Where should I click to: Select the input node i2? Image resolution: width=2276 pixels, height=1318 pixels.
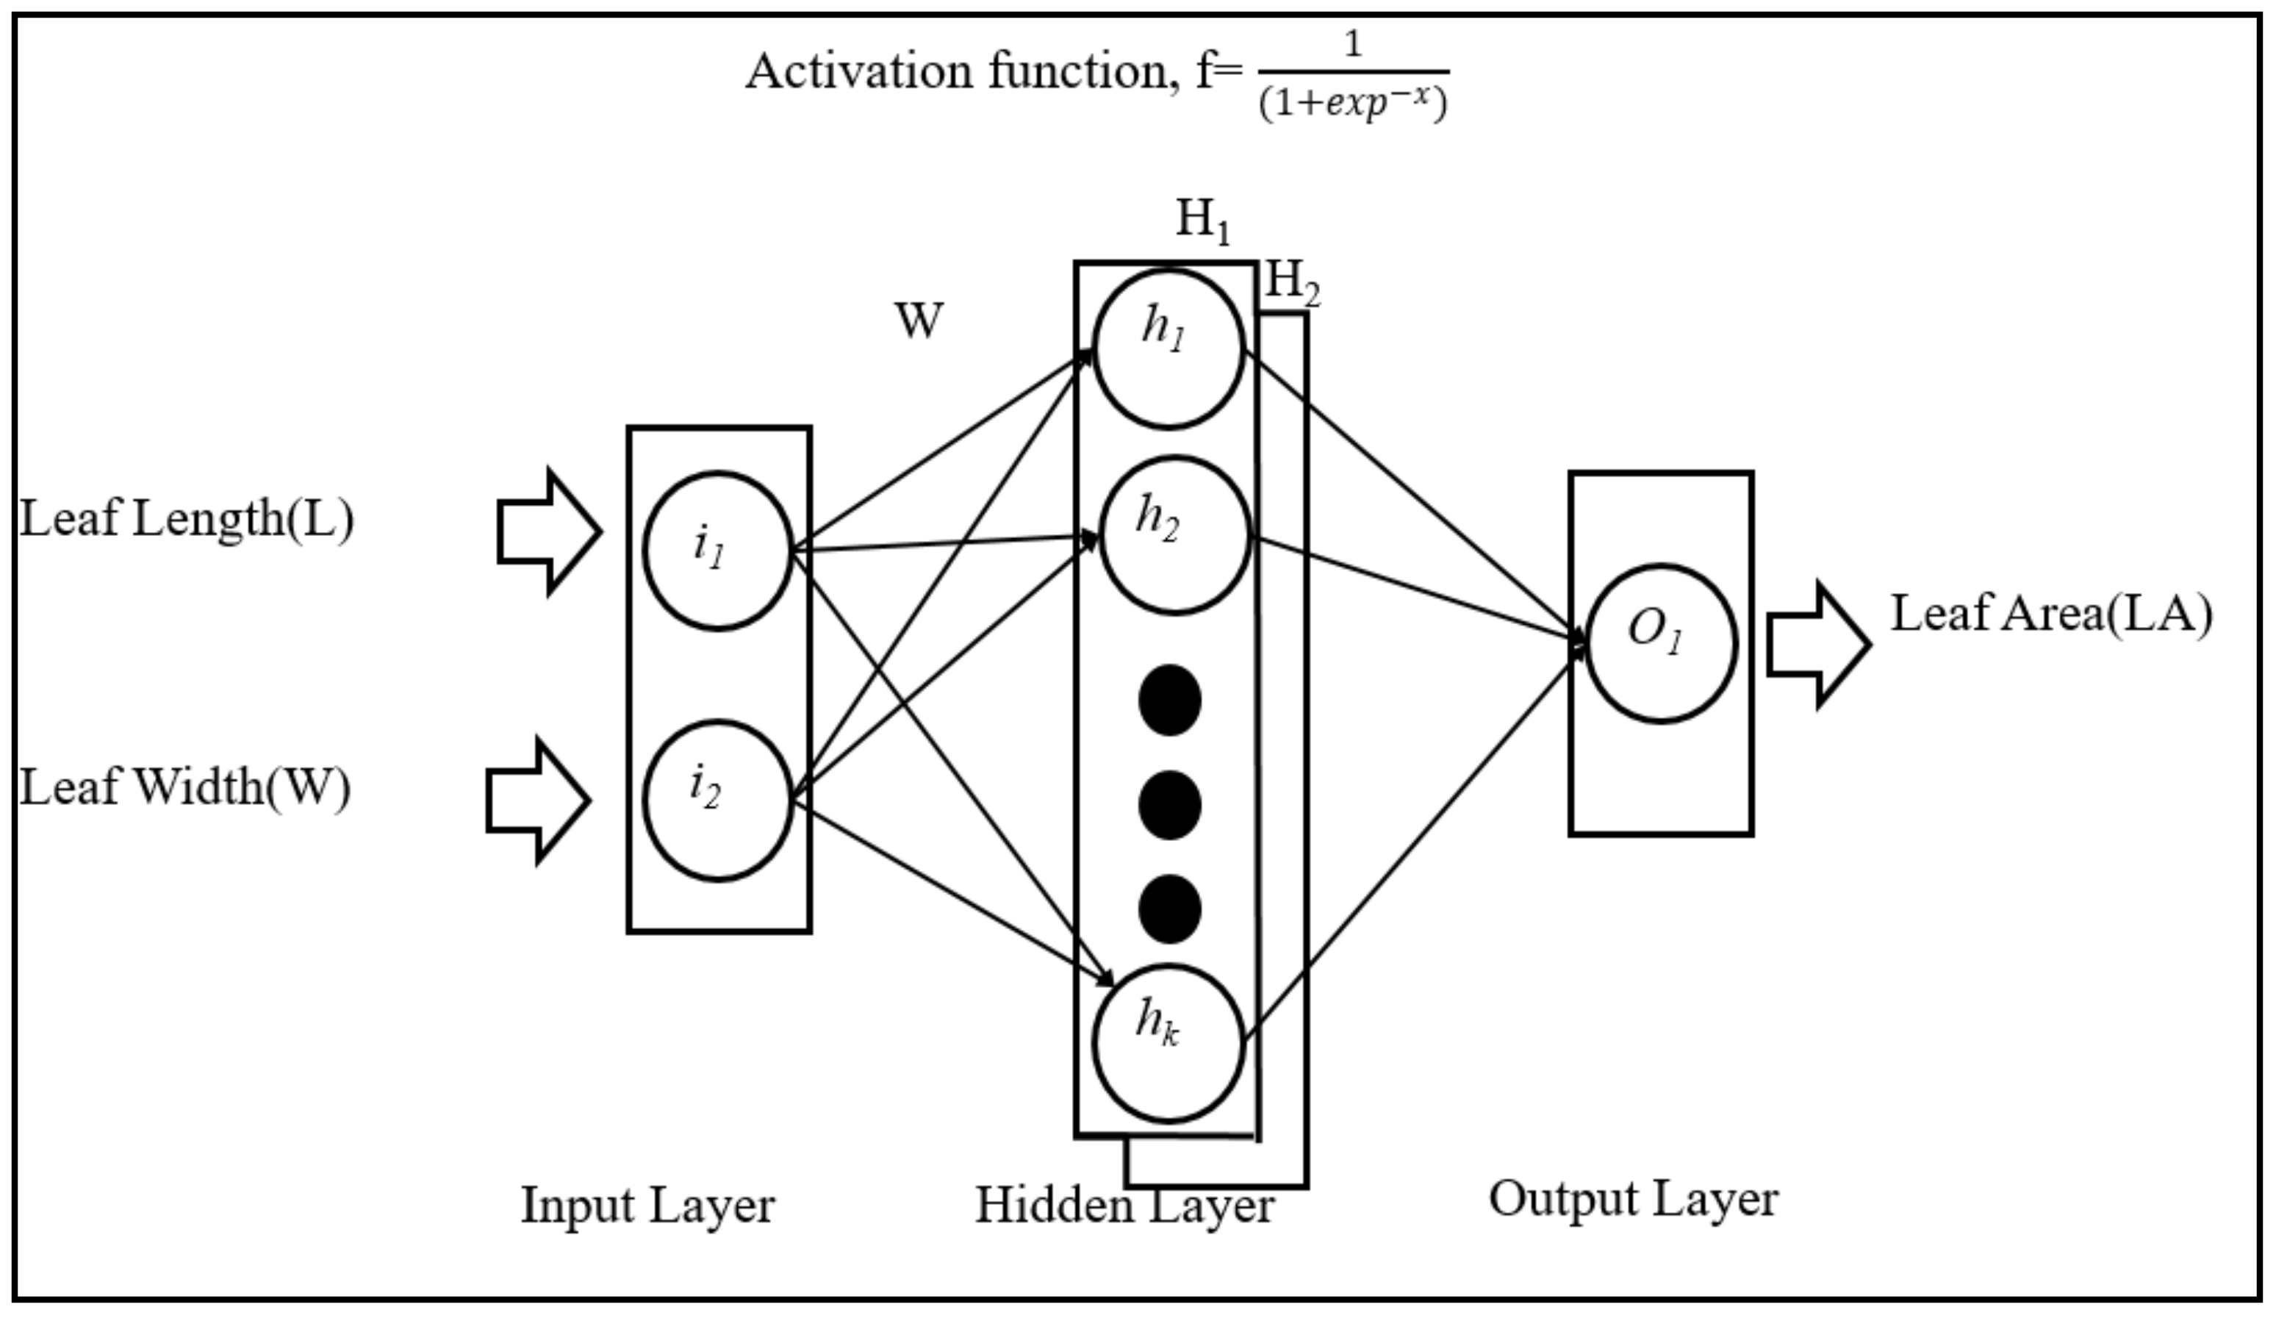[718, 801]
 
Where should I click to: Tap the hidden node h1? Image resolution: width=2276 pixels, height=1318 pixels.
[1168, 348]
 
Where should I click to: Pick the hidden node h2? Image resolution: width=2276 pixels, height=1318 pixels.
[1175, 536]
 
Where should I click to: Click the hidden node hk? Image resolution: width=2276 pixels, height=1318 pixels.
[1168, 1043]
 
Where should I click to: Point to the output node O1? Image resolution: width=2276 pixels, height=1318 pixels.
[1661, 643]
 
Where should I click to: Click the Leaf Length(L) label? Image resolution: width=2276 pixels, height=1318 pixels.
[187, 520]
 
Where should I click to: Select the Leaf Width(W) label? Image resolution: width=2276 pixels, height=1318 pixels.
[185, 787]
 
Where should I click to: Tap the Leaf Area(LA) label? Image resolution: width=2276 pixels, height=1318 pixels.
[2051, 615]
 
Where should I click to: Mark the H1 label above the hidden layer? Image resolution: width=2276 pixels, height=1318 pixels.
[1202, 220]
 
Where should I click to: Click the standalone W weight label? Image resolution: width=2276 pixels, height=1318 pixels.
[919, 320]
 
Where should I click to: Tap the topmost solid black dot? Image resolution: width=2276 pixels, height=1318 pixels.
[1170, 700]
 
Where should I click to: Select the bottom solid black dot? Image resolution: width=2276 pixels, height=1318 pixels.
[1170, 909]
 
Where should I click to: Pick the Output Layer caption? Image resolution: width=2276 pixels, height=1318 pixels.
[1634, 1200]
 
